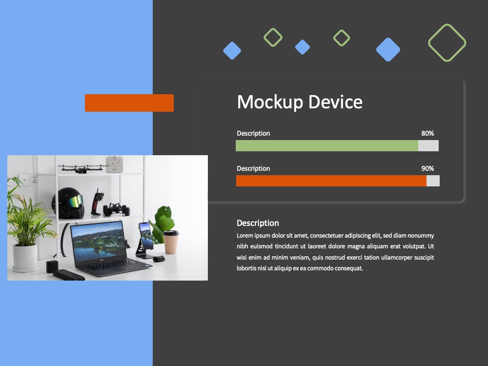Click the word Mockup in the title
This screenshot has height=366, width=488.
point(270,102)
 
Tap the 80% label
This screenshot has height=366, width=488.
point(427,133)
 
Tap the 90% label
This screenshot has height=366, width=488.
point(427,168)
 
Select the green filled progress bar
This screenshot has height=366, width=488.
point(327,145)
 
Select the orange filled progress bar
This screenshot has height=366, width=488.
point(331,181)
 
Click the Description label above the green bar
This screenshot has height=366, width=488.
point(253,134)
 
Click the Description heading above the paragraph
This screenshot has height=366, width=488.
point(258,223)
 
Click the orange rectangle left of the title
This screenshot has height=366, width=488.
point(129,102)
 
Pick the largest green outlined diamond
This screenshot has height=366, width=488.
point(447,25)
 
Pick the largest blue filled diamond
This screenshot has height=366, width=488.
point(388,49)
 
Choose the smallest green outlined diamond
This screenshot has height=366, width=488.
point(342,31)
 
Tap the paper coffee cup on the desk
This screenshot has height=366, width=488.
point(171,242)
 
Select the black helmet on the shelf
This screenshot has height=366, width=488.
point(68,203)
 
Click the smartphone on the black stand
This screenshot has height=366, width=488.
point(145,235)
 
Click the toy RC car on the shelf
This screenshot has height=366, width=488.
point(117,209)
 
